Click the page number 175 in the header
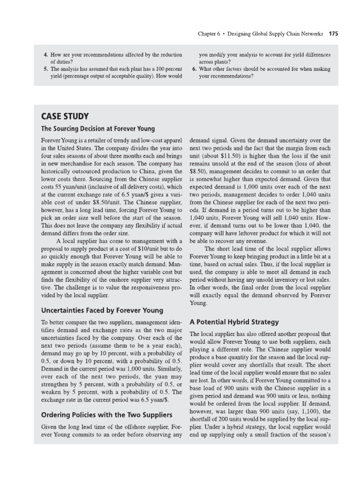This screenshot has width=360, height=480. click(333, 34)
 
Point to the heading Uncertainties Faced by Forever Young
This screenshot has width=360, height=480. click(102, 310)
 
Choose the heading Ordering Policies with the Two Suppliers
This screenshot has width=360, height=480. click(106, 415)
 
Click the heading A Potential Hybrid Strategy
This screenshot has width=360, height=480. click(234, 322)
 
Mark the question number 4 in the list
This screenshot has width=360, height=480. click(45, 55)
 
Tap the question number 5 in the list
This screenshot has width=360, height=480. click(45, 69)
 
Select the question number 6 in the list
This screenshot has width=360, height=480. click(194, 69)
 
